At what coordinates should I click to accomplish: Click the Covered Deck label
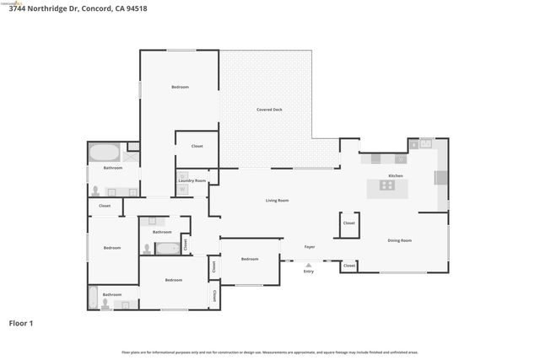pyautogui.click(x=270, y=110)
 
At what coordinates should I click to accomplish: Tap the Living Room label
pyautogui.click(x=278, y=200)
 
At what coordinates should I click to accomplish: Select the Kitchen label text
pyautogui.click(x=396, y=175)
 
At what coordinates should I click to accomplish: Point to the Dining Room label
pyautogui.click(x=400, y=240)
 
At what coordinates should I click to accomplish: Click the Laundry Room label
pyautogui.click(x=192, y=180)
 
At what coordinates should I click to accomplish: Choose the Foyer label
pyautogui.click(x=310, y=246)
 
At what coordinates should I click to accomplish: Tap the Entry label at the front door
pyautogui.click(x=309, y=271)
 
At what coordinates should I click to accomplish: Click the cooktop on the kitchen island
pyautogui.click(x=387, y=185)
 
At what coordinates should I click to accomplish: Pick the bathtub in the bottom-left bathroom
pyautogui.click(x=93, y=298)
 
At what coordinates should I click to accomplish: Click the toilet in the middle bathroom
pyautogui.click(x=147, y=249)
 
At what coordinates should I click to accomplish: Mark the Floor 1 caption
pyautogui.click(x=20, y=323)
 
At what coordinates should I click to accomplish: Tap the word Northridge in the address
pyautogui.click(x=50, y=8)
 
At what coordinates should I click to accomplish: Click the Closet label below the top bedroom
pyautogui.click(x=197, y=146)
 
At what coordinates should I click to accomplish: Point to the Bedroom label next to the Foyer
pyautogui.click(x=250, y=259)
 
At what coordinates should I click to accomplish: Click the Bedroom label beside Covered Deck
pyautogui.click(x=180, y=87)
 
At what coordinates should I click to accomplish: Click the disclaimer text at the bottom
pyautogui.click(x=270, y=352)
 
